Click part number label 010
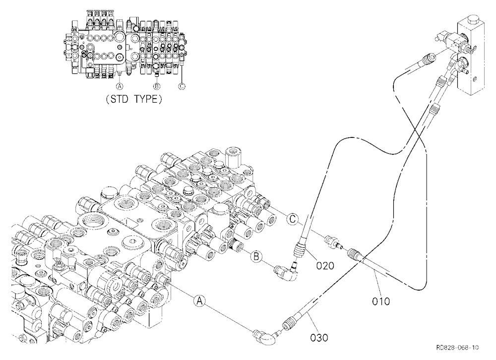click(x=381, y=301)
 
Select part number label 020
click(x=325, y=265)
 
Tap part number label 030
click(x=319, y=338)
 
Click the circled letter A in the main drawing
click(x=199, y=300)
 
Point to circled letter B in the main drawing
click(x=256, y=256)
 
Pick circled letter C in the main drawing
click(x=293, y=219)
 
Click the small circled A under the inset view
click(x=119, y=86)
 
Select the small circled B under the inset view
click(x=157, y=86)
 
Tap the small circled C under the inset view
click(x=182, y=86)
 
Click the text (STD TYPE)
click(x=134, y=99)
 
